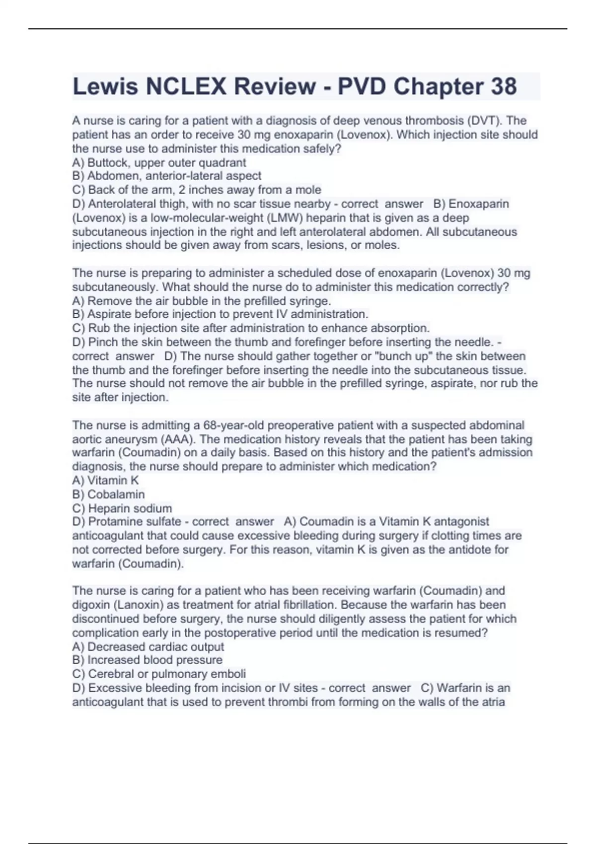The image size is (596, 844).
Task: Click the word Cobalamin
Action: (116, 494)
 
